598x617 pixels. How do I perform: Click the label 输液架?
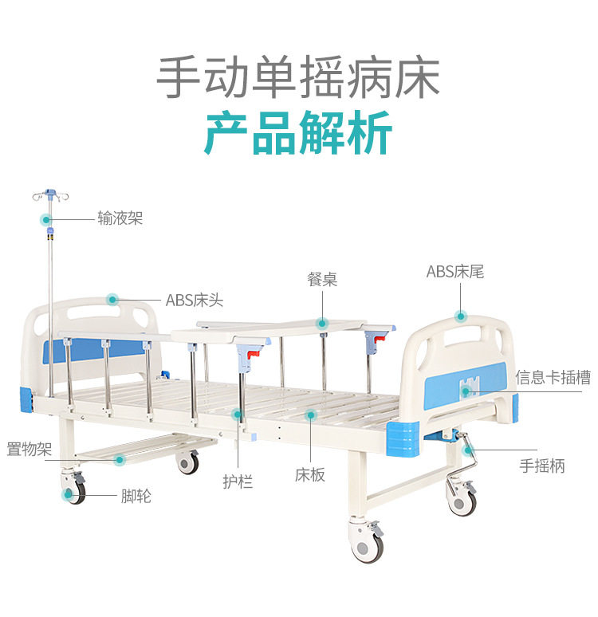click(120, 218)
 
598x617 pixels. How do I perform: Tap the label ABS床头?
click(195, 301)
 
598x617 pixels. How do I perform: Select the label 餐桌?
click(322, 279)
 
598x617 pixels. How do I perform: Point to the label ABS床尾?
click(455, 272)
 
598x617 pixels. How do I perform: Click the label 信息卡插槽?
click(553, 377)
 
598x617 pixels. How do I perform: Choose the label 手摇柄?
click(542, 466)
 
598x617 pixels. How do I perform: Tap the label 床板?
click(310, 475)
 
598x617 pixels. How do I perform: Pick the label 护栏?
click(238, 481)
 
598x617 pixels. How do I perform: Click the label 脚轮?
click(136, 496)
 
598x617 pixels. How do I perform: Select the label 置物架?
click(30, 449)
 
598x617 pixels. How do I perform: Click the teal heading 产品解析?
click(298, 132)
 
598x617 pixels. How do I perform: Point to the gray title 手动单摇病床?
click(298, 77)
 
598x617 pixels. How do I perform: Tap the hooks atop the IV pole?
click(50, 195)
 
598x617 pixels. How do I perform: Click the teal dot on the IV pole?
click(46, 219)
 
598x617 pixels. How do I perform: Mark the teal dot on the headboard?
click(112, 300)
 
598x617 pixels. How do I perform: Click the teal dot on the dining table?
click(322, 324)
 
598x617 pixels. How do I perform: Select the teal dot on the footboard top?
click(460, 316)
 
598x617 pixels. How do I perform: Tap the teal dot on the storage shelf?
click(120, 459)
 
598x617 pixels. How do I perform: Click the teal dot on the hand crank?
click(468, 450)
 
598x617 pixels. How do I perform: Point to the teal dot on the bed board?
click(311, 415)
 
